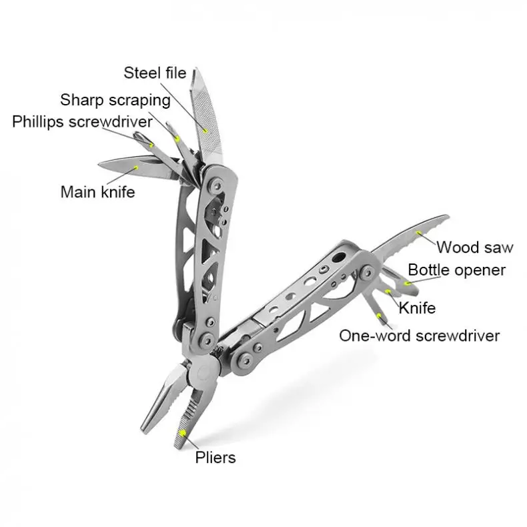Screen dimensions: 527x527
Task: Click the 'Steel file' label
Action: click(155, 73)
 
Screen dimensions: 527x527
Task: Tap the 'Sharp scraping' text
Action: click(115, 100)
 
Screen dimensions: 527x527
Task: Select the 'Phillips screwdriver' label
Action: click(82, 122)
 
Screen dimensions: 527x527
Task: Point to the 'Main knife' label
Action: click(97, 192)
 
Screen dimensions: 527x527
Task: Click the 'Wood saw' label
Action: click(475, 247)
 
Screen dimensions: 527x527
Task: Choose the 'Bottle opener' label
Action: click(457, 270)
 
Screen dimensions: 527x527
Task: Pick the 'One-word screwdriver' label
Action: click(419, 335)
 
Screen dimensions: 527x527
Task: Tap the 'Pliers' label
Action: click(215, 458)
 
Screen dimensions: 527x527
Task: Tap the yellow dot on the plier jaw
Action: click(182, 432)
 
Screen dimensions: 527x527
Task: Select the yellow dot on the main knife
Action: click(137, 167)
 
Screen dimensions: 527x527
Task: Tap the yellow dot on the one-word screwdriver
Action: click(379, 314)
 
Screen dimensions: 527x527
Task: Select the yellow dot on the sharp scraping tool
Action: click(177, 139)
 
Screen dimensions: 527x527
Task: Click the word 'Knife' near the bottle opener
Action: click(417, 308)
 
